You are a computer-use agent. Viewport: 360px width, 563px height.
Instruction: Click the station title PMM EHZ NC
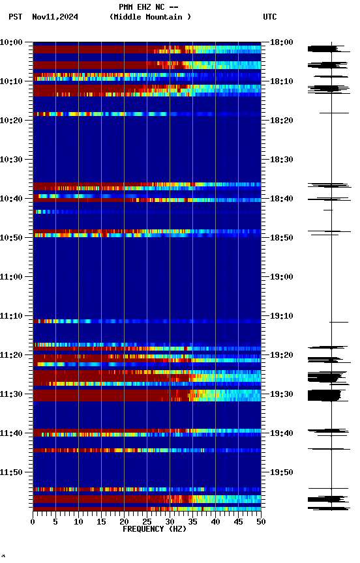click(x=148, y=7)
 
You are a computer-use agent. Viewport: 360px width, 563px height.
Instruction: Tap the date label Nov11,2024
click(x=55, y=17)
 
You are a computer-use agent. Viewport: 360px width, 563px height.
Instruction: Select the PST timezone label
click(x=16, y=17)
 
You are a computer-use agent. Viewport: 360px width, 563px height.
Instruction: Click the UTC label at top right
click(x=270, y=17)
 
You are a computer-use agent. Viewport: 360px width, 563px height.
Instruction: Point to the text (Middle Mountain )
click(x=151, y=17)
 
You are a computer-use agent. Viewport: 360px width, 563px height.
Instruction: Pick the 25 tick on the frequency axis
click(x=147, y=522)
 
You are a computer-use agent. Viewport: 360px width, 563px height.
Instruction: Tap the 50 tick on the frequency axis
click(x=261, y=522)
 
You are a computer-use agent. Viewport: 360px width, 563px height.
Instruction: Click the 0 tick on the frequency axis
click(x=33, y=522)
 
